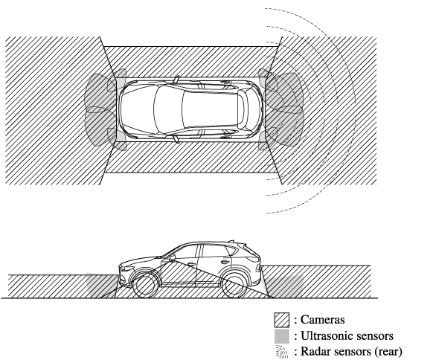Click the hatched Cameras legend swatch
click(x=282, y=320)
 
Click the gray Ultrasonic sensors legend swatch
click(x=282, y=336)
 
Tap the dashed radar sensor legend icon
click(x=282, y=352)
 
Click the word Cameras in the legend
click(x=323, y=320)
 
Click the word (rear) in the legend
click(x=388, y=352)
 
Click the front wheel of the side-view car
click(x=144, y=286)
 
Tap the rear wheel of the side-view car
click(x=234, y=286)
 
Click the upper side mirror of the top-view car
click(x=176, y=80)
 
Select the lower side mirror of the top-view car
click(x=176, y=139)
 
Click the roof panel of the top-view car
click(x=210, y=109)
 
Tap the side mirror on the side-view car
click(x=172, y=257)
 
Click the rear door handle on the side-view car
click(x=224, y=262)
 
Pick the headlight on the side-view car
click(x=126, y=269)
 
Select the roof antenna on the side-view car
click(x=231, y=241)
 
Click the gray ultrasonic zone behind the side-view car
click(x=284, y=286)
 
